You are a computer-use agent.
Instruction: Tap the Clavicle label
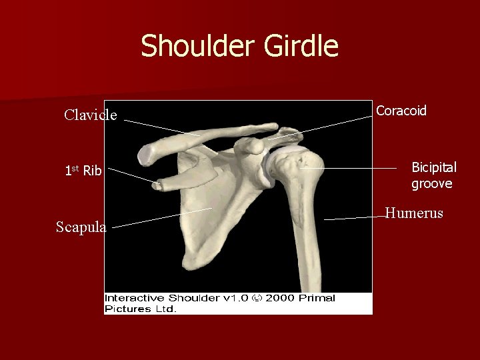point(91,115)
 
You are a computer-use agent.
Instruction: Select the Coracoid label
point(401,111)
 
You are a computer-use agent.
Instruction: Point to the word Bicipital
point(434,167)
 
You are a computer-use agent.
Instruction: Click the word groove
point(431,183)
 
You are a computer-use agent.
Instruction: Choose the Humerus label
point(414,213)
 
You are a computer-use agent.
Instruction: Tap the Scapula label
point(81,227)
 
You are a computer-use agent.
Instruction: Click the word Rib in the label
point(93,171)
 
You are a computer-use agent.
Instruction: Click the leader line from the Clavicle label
point(160,127)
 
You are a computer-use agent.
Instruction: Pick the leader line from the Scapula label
point(160,218)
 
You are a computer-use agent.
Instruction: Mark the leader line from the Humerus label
point(353,217)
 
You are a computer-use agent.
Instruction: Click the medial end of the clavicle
point(147,154)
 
